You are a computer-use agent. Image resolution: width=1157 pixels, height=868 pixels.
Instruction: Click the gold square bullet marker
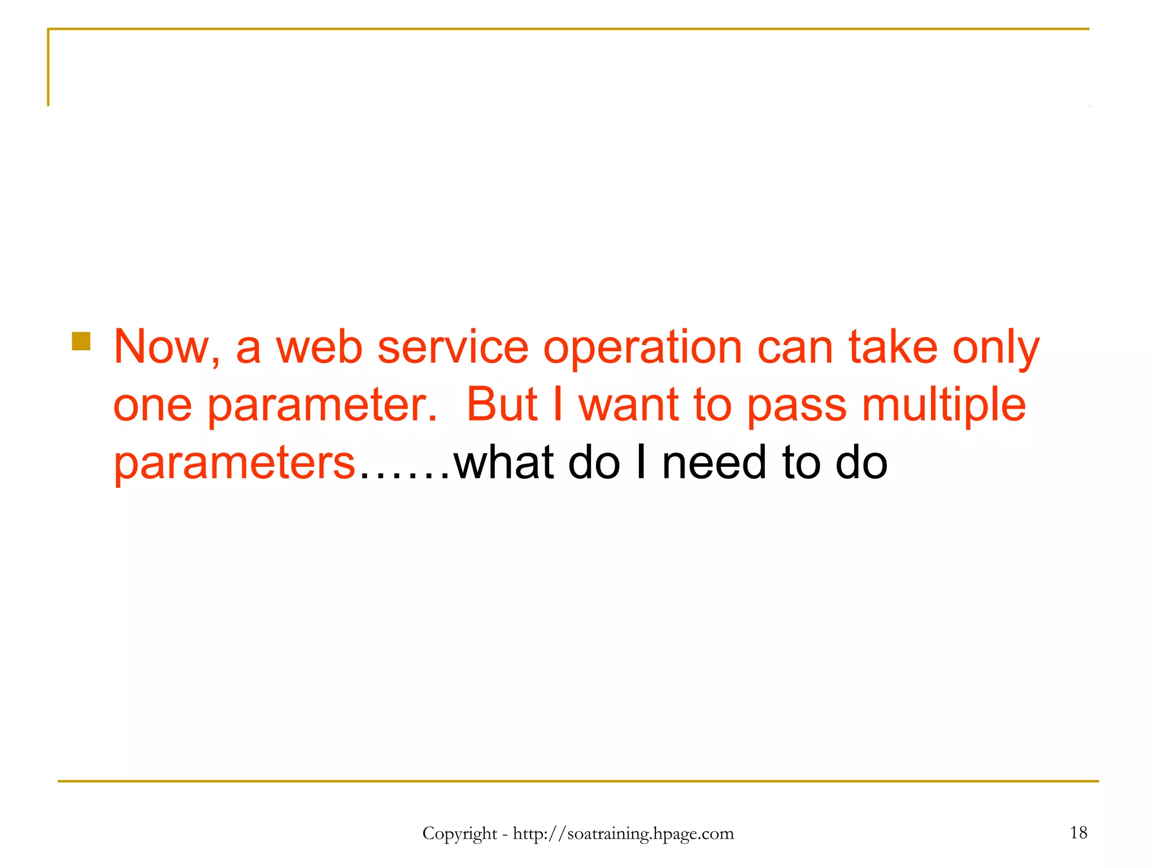(x=81, y=341)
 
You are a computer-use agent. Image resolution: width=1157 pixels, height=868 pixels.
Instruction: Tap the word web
(x=319, y=347)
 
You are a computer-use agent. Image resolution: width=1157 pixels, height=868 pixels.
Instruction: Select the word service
(x=453, y=347)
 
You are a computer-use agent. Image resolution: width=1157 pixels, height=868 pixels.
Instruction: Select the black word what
(x=504, y=463)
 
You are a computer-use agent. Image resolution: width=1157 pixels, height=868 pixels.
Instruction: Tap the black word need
(x=715, y=463)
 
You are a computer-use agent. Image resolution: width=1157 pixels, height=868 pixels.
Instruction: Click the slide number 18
(x=1078, y=832)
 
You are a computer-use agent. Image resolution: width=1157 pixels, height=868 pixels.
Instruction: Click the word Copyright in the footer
(x=459, y=834)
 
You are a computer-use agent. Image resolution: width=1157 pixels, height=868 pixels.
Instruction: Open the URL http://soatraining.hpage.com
(x=623, y=834)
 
